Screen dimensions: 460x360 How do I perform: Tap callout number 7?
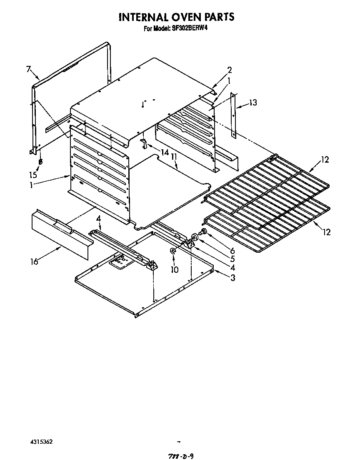[29, 69]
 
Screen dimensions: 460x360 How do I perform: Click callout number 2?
[229, 70]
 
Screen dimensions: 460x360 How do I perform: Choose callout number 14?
[165, 153]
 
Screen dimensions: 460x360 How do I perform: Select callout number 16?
[34, 261]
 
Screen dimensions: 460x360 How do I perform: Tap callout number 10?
[175, 270]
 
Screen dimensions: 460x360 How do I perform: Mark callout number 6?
[232, 251]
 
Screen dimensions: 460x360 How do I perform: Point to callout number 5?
[232, 259]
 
